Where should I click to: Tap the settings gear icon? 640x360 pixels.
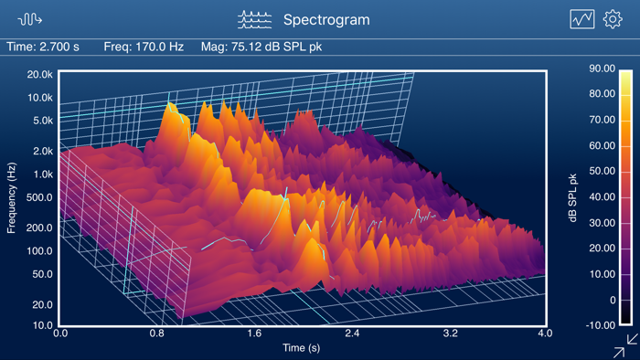pyautogui.click(x=612, y=19)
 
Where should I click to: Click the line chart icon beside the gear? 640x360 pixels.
pyautogui.click(x=582, y=19)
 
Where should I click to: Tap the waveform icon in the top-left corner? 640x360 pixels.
pyautogui.click(x=30, y=19)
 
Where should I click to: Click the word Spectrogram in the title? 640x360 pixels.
pyautogui.click(x=326, y=19)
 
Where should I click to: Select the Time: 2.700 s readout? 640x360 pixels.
pyautogui.click(x=43, y=47)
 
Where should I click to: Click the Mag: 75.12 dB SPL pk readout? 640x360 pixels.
pyautogui.click(x=261, y=47)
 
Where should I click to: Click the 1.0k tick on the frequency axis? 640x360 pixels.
pyautogui.click(x=42, y=175)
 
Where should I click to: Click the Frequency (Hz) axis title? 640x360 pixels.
pyautogui.click(x=12, y=197)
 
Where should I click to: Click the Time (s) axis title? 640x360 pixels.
pyautogui.click(x=303, y=348)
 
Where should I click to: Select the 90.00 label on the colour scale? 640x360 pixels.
pyautogui.click(x=601, y=69)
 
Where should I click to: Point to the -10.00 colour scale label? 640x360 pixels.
pyautogui.click(x=600, y=325)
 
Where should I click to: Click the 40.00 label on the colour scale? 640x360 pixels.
pyautogui.click(x=601, y=196)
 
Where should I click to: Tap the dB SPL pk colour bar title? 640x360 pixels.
pyautogui.click(x=573, y=197)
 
